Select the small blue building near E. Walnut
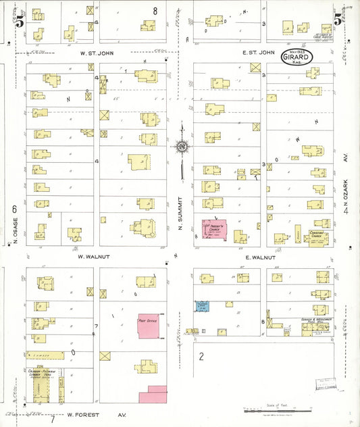(x=201, y=306)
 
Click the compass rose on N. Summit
(x=182, y=145)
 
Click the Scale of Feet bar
(x=278, y=410)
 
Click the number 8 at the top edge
(x=155, y=10)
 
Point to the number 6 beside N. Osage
(x=14, y=210)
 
